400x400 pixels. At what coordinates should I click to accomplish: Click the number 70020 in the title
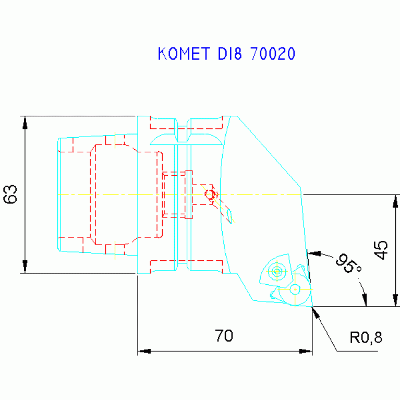pos(273,54)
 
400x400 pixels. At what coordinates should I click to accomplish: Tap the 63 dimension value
pos(11,194)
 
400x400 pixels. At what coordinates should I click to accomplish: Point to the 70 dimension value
pos(224,336)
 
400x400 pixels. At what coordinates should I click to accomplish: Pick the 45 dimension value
pos(381,250)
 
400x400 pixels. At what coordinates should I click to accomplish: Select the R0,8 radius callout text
pos(366,338)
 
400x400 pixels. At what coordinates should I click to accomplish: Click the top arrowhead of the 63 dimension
pos(25,122)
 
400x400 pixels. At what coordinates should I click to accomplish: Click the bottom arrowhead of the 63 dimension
pos(25,267)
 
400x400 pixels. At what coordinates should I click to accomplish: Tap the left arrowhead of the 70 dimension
pos(144,351)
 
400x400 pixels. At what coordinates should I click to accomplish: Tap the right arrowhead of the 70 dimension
pos(306,351)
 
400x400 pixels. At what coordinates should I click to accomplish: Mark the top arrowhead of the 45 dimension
pos(396,200)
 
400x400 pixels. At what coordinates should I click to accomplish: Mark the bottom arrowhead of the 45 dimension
pos(396,301)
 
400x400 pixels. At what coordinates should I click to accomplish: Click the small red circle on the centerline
pos(210,195)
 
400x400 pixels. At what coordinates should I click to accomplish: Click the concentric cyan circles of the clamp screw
pos(276,271)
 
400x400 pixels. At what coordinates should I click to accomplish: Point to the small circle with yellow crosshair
pos(295,288)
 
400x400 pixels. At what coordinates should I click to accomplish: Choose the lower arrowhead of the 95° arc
pos(365,300)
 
